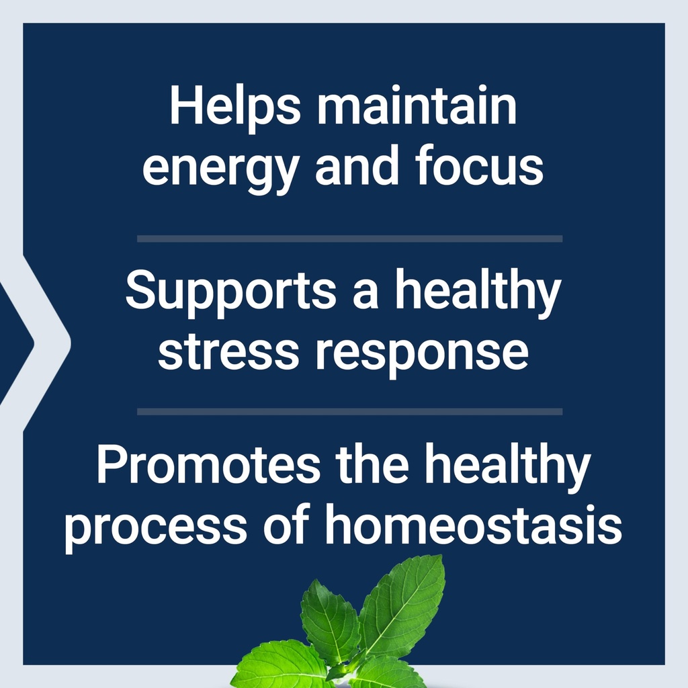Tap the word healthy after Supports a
477,293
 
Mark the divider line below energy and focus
349,239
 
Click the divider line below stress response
349,411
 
